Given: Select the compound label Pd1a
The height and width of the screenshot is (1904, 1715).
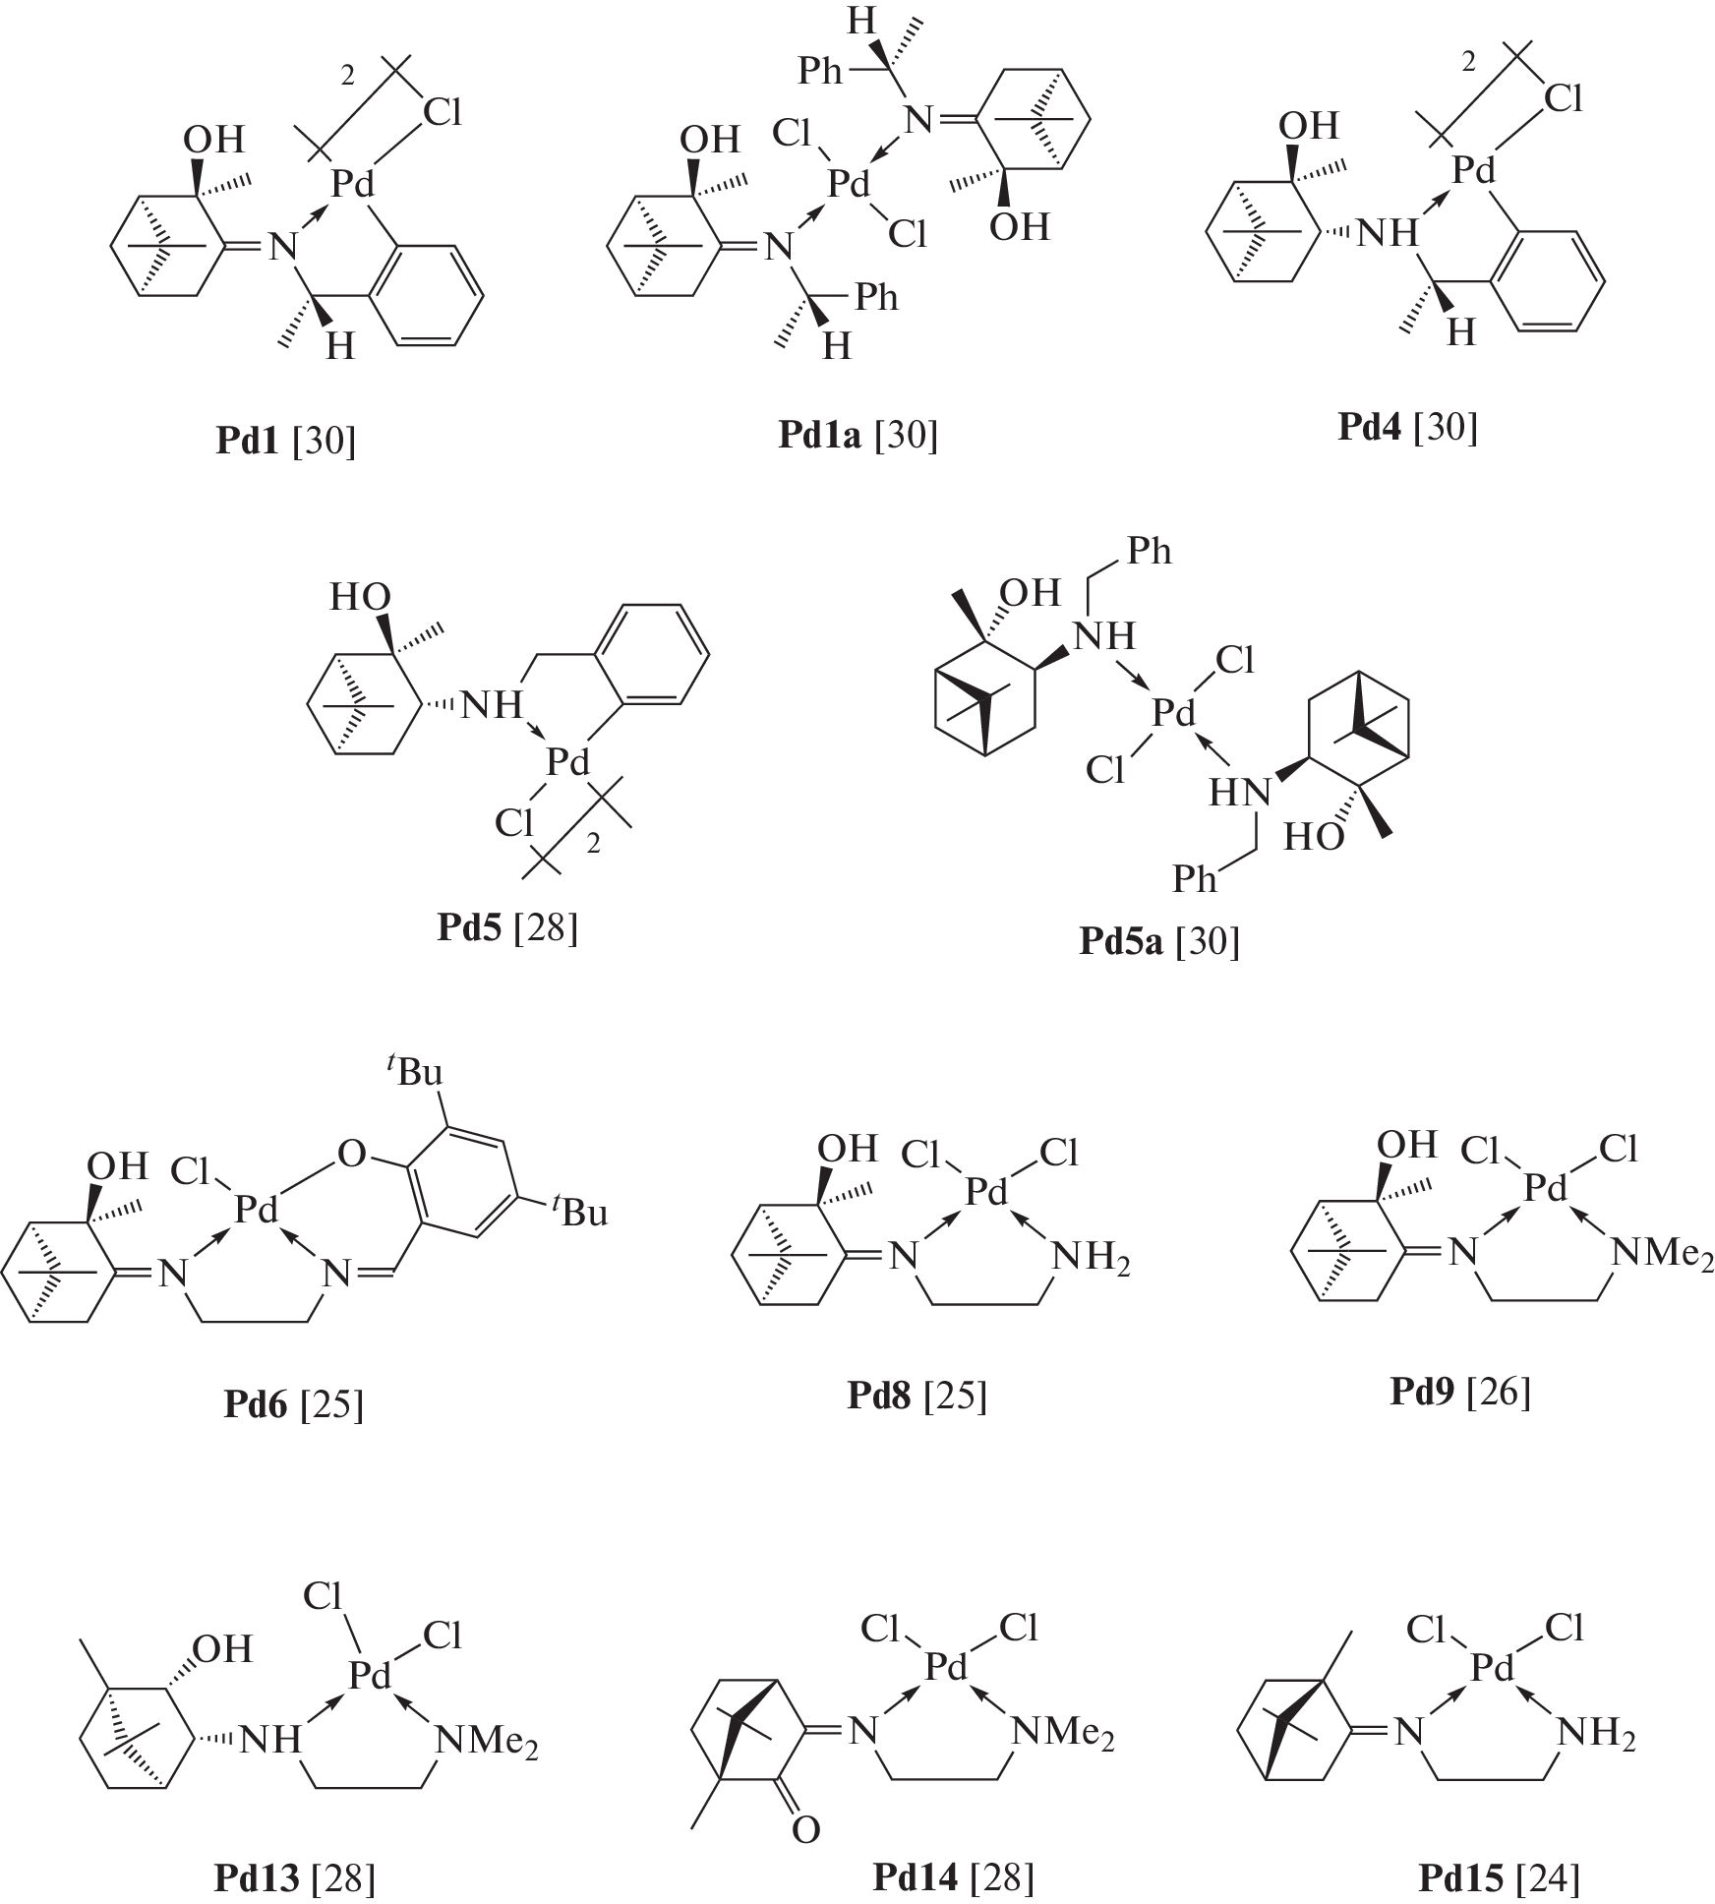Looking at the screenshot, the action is (819, 434).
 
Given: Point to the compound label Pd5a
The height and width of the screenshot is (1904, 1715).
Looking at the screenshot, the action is (1121, 941).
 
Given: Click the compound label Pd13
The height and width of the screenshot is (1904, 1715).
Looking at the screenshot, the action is (257, 1879).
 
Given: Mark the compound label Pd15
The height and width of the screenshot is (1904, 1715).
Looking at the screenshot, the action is (1460, 1879).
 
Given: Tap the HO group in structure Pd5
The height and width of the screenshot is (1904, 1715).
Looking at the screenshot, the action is (360, 597).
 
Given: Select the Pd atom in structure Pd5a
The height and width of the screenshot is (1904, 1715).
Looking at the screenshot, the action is (1173, 713).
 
